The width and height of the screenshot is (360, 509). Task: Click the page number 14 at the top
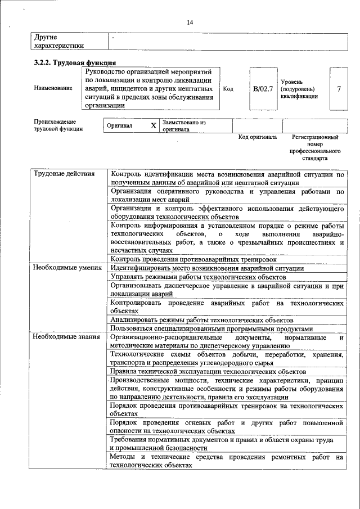(190, 22)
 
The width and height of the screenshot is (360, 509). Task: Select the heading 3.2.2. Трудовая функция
(75, 63)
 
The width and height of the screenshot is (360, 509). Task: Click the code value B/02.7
(263, 89)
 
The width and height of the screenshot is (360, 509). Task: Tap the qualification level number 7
(338, 89)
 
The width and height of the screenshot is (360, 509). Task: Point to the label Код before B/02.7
(228, 89)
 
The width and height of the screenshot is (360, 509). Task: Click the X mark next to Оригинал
(153, 125)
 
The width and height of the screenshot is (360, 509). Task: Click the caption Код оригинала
(257, 137)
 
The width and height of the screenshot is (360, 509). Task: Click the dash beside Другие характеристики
(113, 38)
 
